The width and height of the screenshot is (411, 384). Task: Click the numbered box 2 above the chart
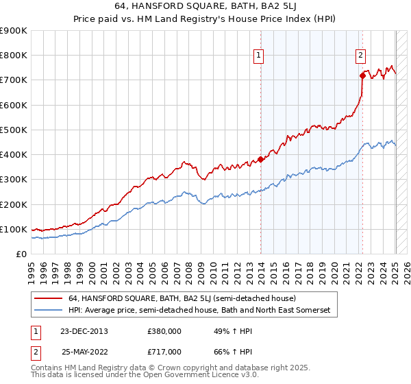click(360, 57)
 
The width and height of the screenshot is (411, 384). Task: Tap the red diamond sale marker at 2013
click(260, 159)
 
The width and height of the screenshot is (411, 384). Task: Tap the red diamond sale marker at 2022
click(362, 75)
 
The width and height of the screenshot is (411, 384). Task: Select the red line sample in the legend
click(49, 299)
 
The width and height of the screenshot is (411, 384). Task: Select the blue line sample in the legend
click(49, 311)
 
